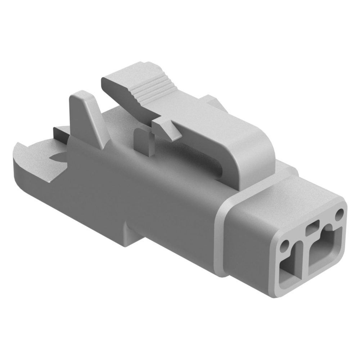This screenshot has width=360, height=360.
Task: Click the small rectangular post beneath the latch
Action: click(x=143, y=142)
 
